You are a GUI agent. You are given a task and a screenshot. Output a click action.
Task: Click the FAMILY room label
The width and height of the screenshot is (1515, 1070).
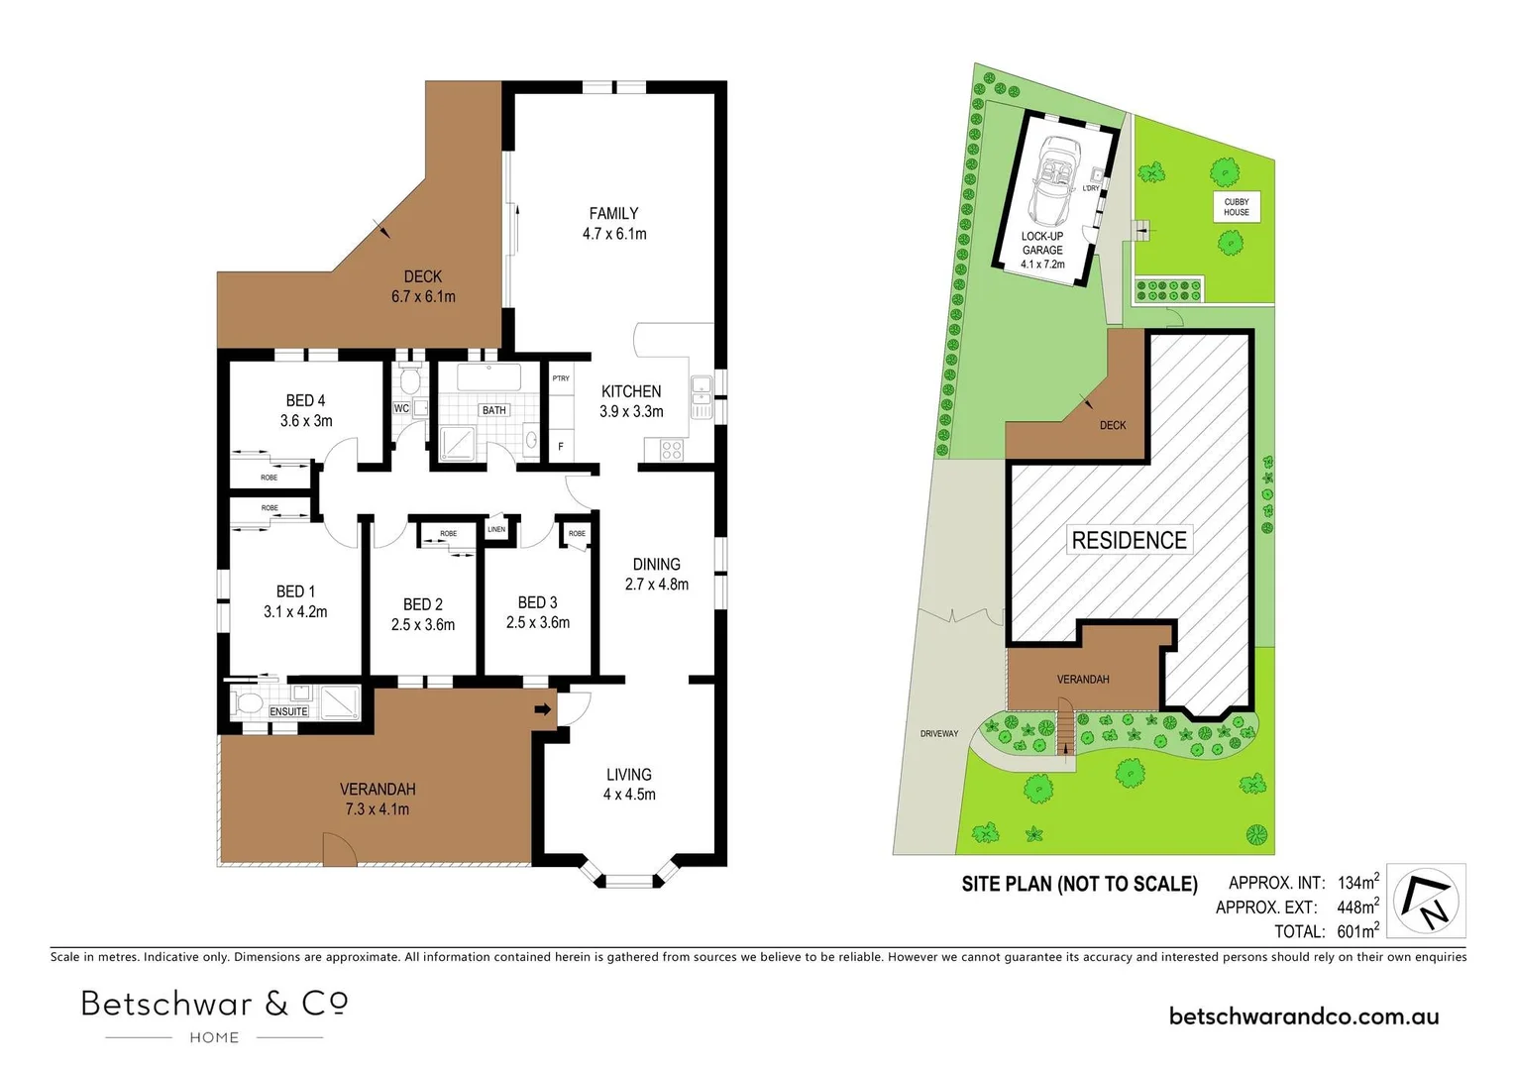[613, 213]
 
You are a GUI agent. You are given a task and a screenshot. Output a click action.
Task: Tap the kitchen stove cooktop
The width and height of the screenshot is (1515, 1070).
[671, 451]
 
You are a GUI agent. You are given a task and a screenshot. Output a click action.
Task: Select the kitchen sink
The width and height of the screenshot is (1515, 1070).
[701, 396]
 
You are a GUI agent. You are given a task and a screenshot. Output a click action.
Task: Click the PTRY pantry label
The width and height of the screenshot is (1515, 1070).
[561, 378]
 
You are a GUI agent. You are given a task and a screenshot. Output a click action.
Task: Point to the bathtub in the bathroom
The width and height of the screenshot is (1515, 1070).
[489, 377]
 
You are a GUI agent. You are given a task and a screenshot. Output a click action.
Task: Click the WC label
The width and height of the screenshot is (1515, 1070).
[401, 408]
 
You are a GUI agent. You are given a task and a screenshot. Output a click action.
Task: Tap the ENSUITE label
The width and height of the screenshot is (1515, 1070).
[289, 711]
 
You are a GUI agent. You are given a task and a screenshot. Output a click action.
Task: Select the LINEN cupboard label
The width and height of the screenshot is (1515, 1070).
[496, 529]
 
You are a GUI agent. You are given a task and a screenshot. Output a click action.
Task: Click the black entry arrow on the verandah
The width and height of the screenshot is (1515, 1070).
[542, 709]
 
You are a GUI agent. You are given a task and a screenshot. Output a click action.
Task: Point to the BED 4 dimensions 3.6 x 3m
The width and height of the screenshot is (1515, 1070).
[306, 421]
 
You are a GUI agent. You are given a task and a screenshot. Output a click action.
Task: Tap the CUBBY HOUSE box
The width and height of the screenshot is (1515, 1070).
[1236, 207]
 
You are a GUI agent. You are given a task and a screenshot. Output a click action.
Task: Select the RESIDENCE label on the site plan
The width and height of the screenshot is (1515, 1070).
[1129, 540]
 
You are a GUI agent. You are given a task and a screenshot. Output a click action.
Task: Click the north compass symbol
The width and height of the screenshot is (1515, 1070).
[1426, 901]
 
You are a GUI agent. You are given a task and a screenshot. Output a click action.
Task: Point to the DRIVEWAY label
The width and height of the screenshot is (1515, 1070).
[938, 734]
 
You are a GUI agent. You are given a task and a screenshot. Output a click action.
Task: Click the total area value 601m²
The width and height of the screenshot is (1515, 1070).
[1357, 931]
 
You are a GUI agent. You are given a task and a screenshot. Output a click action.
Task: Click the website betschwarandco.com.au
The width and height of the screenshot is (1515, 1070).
[1304, 1016]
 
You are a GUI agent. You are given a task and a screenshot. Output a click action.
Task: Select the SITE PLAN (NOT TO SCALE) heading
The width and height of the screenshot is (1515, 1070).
[1079, 884]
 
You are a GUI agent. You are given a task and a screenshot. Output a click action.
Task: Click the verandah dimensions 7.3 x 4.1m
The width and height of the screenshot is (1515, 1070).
[377, 809]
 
